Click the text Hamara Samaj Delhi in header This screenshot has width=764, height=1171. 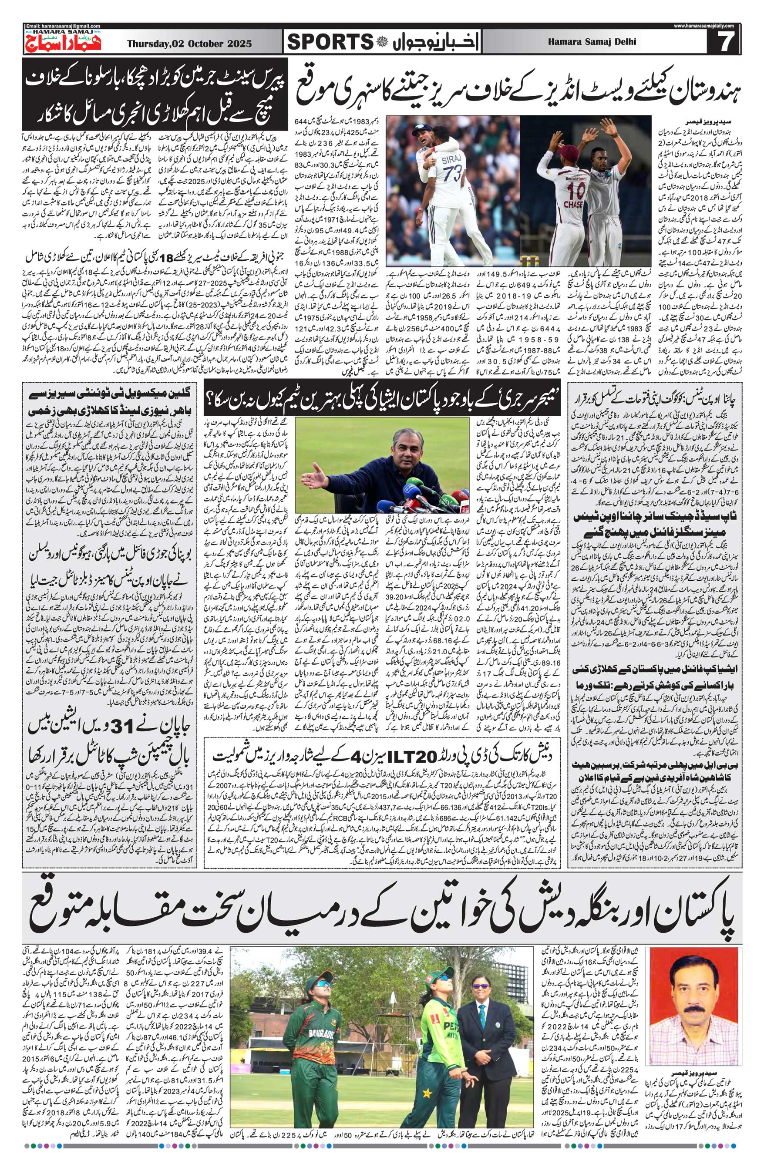click(591, 42)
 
